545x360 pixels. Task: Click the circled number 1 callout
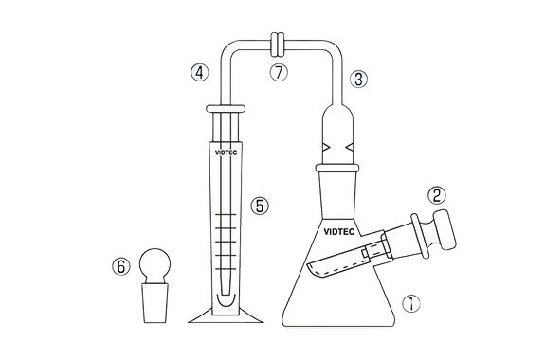(x=411, y=304)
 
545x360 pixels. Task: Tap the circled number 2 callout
(x=437, y=195)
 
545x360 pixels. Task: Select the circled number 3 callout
(x=358, y=79)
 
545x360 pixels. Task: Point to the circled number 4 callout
(x=199, y=73)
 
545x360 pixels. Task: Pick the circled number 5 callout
(x=260, y=206)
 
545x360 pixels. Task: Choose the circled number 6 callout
(x=120, y=267)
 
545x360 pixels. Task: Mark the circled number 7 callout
(x=279, y=72)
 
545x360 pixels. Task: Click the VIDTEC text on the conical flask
(x=339, y=232)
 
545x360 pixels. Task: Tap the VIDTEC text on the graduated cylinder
(x=226, y=153)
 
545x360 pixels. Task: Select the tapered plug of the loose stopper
(x=155, y=303)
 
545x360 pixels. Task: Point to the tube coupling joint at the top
(x=278, y=45)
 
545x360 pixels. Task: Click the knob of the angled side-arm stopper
(x=445, y=229)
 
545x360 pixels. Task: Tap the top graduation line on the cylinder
(x=226, y=215)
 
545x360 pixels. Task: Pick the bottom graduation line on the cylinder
(x=226, y=269)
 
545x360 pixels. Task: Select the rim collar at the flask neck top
(x=337, y=169)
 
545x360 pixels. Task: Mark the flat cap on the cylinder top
(x=226, y=109)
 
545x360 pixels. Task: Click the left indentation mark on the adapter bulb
(x=326, y=148)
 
